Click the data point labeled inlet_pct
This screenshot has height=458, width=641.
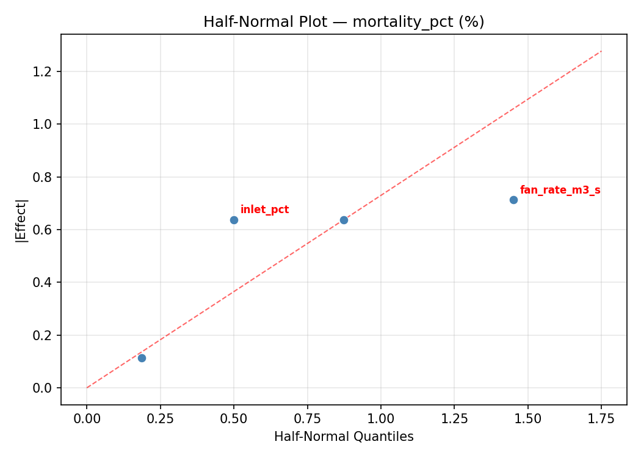[234, 220]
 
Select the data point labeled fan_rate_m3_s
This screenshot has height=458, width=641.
[513, 200]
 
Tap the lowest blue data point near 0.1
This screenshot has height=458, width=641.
[142, 358]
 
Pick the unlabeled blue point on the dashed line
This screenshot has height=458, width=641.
[344, 220]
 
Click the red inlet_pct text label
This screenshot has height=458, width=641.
[264, 210]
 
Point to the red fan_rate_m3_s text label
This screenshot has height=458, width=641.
[560, 191]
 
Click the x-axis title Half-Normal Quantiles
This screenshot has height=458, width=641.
[344, 437]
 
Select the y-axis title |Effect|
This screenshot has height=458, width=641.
[21, 220]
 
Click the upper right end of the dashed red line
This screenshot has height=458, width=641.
[601, 51]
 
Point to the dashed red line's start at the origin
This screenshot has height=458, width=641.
[87, 387]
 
